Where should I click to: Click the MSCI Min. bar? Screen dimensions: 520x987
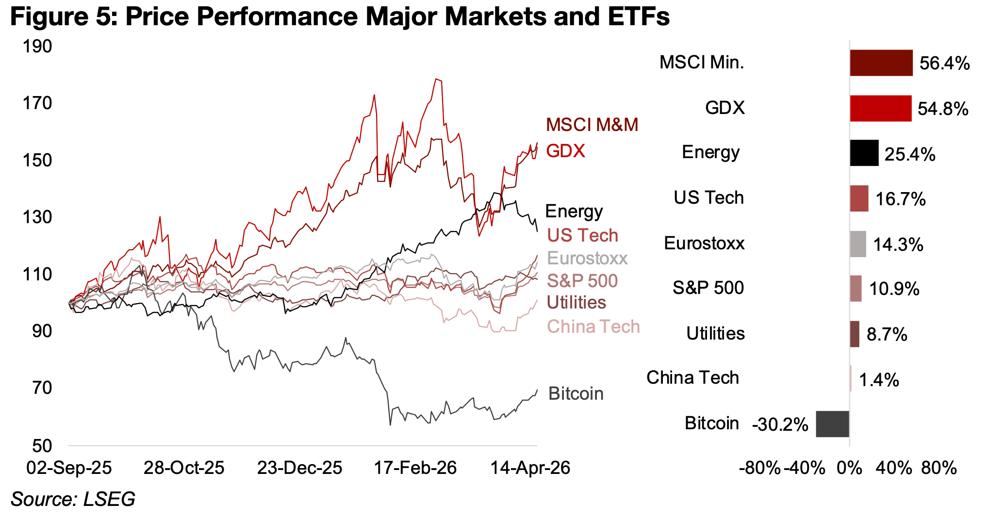tap(881, 63)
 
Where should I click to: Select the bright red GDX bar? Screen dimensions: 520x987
tap(880, 108)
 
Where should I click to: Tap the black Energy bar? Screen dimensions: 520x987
tap(864, 153)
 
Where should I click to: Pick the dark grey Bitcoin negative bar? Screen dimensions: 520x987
tap(832, 424)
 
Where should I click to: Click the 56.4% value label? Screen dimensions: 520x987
tap(944, 64)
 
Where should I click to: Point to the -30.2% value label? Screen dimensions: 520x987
tap(780, 425)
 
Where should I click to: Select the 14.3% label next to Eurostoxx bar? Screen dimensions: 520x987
tap(898, 245)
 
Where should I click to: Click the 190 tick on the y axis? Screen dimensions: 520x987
tap(37, 47)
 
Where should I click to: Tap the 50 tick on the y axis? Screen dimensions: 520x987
tap(43, 446)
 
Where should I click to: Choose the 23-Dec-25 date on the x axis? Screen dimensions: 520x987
tap(299, 468)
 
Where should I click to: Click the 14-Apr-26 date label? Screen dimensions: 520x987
tap(530, 468)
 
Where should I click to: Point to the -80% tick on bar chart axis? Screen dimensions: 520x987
tap(759, 469)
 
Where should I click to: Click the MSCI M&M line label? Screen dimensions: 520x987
tap(592, 125)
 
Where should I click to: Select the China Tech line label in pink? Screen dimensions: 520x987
tap(593, 327)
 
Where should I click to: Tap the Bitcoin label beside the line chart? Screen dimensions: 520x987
tap(576, 394)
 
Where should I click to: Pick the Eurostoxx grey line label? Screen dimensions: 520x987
tap(587, 259)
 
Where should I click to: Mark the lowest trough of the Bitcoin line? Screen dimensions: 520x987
tap(390, 425)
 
